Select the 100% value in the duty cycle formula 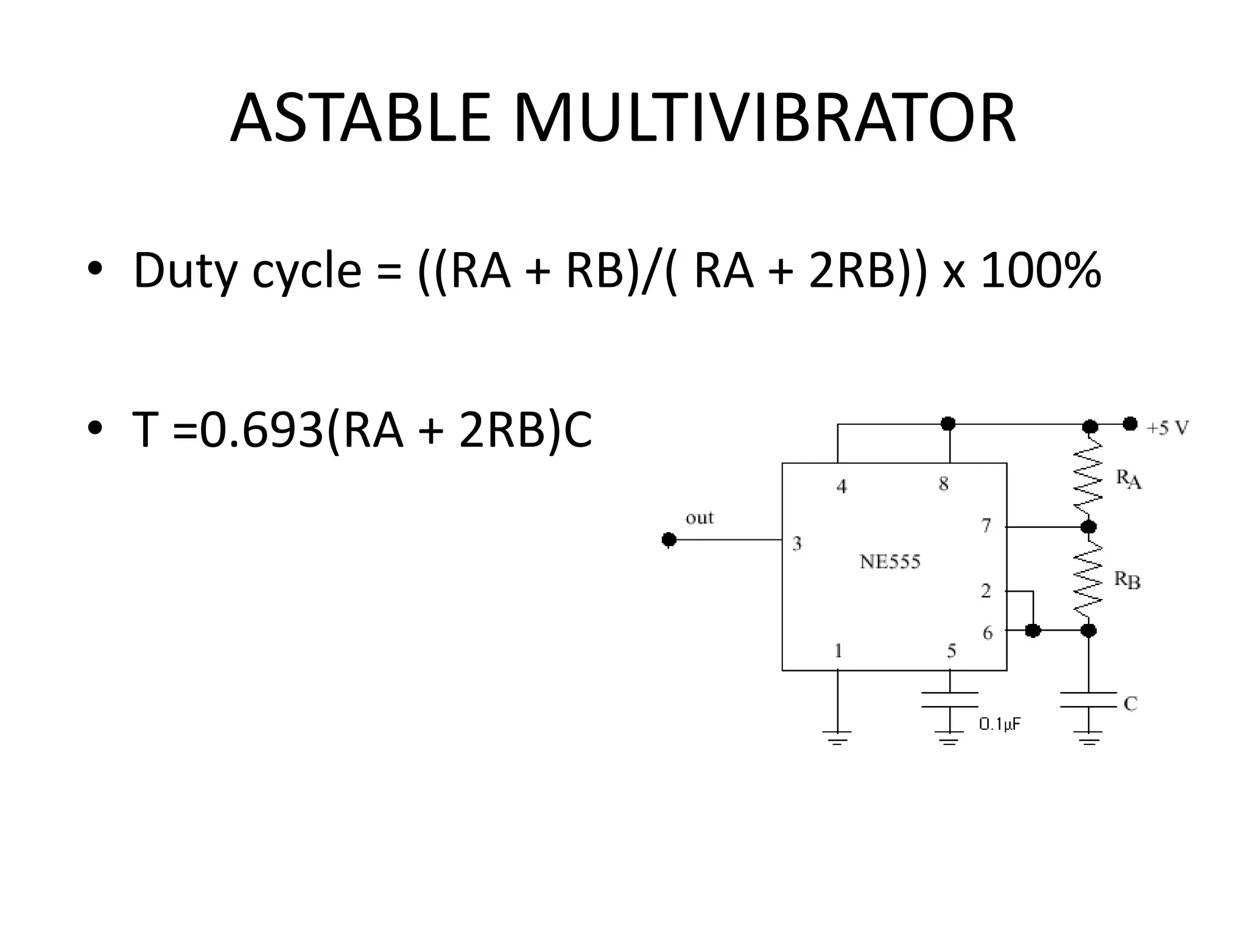[x=1041, y=270]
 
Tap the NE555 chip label [x=890, y=561]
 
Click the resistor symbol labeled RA [x=1089, y=475]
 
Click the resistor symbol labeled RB [x=1089, y=578]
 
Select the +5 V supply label [x=1167, y=429]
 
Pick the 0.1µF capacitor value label [x=999, y=724]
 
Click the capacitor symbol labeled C [x=1089, y=700]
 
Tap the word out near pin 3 [x=699, y=518]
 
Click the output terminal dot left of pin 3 [x=669, y=539]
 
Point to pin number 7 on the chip [x=986, y=525]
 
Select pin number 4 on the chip [x=841, y=486]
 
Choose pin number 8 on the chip [x=943, y=484]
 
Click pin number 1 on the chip [x=838, y=651]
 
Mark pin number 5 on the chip [x=951, y=651]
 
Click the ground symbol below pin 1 [x=837, y=738]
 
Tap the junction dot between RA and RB [x=1089, y=527]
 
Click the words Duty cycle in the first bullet [x=247, y=270]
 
